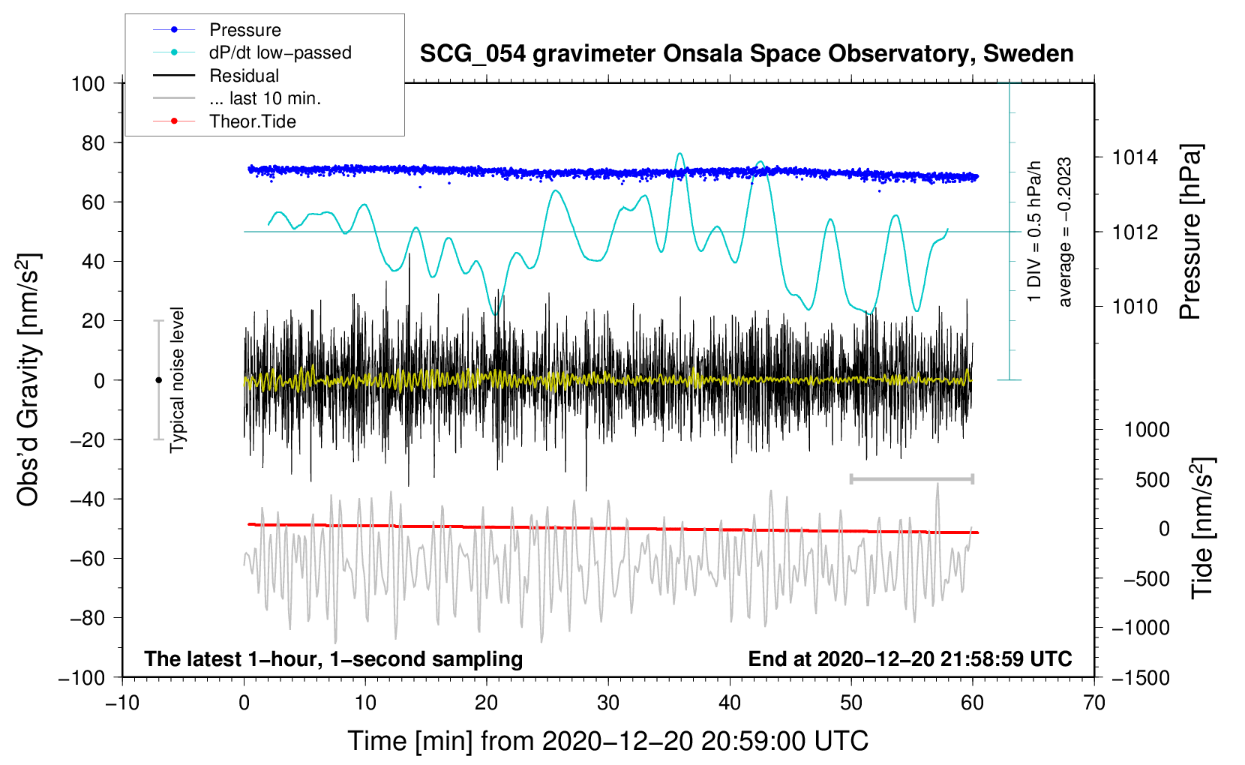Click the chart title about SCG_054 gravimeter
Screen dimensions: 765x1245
[746, 54]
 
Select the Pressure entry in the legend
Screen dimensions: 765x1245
[244, 30]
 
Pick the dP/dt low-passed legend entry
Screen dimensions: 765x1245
[280, 52]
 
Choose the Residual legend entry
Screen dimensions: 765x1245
[244, 76]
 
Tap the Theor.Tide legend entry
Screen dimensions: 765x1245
[252, 121]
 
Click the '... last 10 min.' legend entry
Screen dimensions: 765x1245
[265, 98]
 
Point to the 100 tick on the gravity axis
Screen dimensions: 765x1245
[88, 83]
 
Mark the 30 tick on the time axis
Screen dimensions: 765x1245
[608, 703]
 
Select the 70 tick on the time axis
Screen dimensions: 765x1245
[1094, 703]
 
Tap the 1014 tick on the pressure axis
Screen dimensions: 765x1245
[1135, 157]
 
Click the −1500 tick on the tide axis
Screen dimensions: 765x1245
[1140, 677]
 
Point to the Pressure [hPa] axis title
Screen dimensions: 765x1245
[1190, 232]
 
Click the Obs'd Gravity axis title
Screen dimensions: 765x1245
[28, 379]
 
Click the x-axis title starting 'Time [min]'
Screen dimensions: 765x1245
[608, 741]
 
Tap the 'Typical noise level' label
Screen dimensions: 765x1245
[177, 379]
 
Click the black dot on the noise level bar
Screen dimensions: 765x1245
[158, 380]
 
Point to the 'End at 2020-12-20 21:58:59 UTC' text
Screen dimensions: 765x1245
[910, 659]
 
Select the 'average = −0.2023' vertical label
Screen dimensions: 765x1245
[1064, 232]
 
